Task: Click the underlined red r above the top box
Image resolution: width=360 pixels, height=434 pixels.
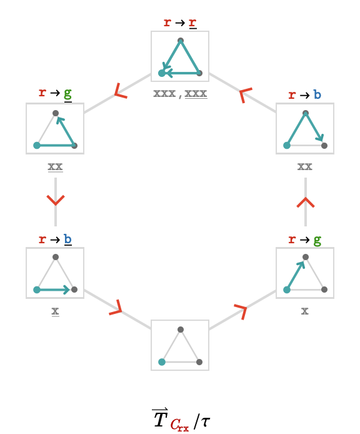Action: pos(192,23)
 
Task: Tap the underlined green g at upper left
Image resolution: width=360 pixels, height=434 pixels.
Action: pos(67,94)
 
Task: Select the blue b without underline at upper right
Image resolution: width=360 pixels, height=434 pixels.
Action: pos(317,94)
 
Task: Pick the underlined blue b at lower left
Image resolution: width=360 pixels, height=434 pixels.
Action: pos(67,240)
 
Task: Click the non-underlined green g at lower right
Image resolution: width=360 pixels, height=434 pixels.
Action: pos(317,241)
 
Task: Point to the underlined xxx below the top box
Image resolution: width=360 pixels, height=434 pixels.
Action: pos(196,94)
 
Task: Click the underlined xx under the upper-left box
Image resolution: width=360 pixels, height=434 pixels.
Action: pos(56,167)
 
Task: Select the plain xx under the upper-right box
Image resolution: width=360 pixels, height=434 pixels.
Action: pos(305,166)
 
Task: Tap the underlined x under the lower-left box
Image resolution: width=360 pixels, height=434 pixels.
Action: pos(56,311)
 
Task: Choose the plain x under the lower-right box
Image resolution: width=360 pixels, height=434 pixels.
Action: pos(305,311)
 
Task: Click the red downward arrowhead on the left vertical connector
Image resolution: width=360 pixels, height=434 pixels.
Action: pos(56,200)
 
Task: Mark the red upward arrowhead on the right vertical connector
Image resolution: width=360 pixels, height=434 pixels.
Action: pos(306,203)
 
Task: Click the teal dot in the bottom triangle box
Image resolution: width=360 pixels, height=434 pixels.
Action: pos(162,361)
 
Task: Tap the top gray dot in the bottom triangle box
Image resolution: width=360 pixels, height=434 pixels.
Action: pos(181,330)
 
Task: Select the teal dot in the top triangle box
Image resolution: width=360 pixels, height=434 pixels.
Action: pos(162,73)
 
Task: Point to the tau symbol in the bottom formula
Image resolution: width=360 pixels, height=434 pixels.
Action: pos(205,422)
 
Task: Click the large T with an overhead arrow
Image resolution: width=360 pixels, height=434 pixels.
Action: pos(161,418)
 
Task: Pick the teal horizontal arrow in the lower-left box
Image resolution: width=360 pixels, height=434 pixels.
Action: pos(53,290)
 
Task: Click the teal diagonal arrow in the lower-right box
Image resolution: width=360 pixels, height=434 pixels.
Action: pos(296,275)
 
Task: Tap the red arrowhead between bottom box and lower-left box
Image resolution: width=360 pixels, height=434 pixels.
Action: pos(116,308)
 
